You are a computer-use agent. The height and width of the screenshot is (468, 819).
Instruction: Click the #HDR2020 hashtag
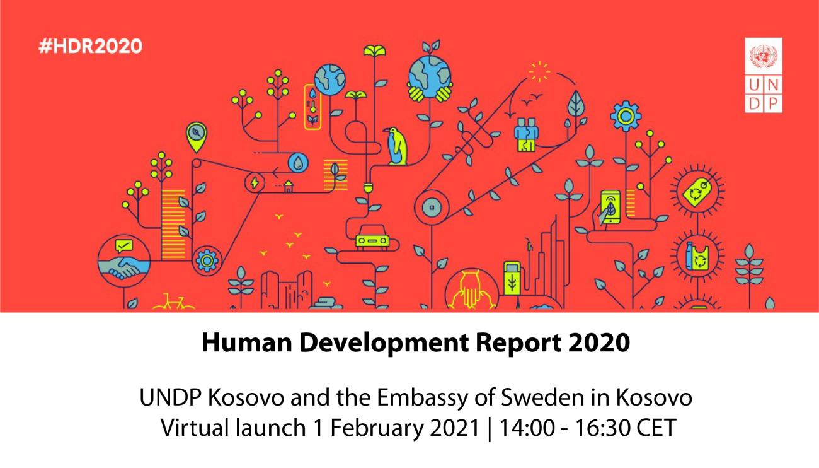point(90,47)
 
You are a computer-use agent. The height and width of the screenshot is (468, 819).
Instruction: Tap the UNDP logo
point(764,75)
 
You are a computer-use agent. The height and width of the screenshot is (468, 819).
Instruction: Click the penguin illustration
point(395,146)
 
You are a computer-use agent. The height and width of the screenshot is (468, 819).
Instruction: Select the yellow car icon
point(372,237)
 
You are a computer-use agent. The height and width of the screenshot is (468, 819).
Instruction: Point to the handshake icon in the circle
point(124,261)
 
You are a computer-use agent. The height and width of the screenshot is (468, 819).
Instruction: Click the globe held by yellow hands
point(430,78)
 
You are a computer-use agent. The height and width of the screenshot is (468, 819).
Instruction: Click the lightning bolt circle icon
point(255,182)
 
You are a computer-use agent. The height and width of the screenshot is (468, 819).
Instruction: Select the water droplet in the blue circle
point(298,163)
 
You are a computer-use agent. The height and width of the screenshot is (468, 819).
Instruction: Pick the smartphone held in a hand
point(610,207)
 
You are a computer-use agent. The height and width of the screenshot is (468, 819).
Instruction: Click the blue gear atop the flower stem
point(626,116)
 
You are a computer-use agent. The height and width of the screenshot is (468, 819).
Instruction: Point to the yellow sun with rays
point(539,72)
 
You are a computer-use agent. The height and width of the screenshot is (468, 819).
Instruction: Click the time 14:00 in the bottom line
point(527,428)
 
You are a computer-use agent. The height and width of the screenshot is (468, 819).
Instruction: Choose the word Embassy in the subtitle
point(422,399)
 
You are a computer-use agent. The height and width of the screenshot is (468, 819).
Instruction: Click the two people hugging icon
point(527,134)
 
